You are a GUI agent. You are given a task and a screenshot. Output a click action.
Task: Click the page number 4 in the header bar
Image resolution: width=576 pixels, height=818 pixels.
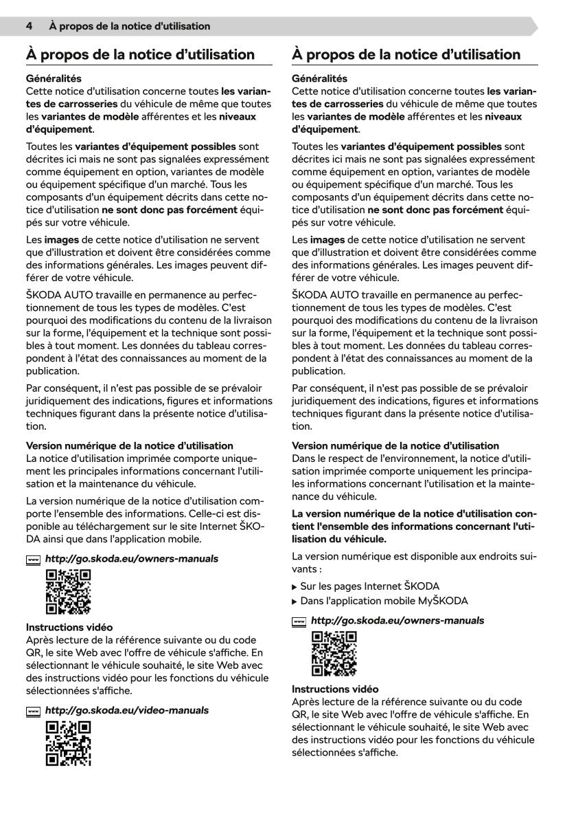click(x=30, y=26)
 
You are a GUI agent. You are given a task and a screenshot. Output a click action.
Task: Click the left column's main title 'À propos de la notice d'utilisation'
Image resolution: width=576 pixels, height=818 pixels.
click(x=140, y=54)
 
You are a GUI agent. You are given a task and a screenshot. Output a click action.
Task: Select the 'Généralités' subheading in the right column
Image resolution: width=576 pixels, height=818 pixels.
click(x=319, y=79)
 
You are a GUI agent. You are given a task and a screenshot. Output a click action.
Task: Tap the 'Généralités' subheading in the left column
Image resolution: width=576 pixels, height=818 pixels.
click(x=54, y=79)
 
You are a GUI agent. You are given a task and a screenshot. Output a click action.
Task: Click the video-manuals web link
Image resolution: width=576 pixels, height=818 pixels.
click(x=127, y=710)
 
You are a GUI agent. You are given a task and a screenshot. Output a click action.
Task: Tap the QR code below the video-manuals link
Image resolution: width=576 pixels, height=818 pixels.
click(x=68, y=744)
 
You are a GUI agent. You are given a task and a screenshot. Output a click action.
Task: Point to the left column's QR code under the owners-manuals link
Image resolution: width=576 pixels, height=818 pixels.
click(x=68, y=592)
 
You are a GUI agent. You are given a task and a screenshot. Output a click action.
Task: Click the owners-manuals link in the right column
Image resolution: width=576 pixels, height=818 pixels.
click(x=398, y=621)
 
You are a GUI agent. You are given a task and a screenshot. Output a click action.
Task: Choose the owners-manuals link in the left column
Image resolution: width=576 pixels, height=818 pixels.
click(x=131, y=559)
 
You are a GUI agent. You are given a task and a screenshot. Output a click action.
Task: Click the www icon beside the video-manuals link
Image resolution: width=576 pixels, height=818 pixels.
click(x=33, y=711)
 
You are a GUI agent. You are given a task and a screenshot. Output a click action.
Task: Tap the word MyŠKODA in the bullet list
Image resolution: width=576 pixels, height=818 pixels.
click(x=443, y=601)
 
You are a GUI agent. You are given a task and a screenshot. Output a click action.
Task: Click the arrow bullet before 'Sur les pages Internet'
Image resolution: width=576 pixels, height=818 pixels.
click(x=295, y=587)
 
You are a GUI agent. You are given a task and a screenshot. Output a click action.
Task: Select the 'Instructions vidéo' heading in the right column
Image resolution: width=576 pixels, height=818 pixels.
click(x=335, y=689)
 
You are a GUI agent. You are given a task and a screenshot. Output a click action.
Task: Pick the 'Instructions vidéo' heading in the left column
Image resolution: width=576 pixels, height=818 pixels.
click(x=69, y=627)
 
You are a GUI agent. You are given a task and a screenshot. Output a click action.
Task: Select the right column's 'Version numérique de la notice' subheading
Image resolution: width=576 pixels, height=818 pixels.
click(x=395, y=446)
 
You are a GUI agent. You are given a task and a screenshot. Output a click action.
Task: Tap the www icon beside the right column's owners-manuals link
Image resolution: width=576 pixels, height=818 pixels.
click(x=299, y=621)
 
